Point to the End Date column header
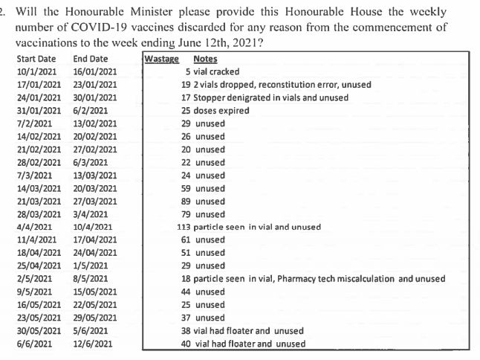tap(91, 59)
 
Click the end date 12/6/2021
tap(94, 344)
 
